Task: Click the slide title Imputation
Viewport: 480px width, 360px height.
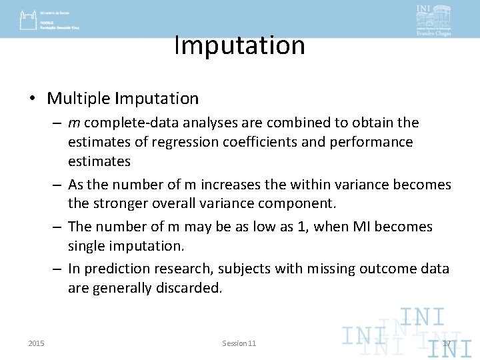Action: pyautogui.click(x=239, y=45)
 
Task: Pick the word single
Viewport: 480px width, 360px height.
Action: pyautogui.click(x=86, y=246)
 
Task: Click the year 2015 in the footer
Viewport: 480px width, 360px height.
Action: pyautogui.click(x=37, y=343)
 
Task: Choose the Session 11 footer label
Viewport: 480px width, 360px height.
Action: pyautogui.click(x=239, y=343)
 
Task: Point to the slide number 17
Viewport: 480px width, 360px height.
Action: pyautogui.click(x=447, y=343)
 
